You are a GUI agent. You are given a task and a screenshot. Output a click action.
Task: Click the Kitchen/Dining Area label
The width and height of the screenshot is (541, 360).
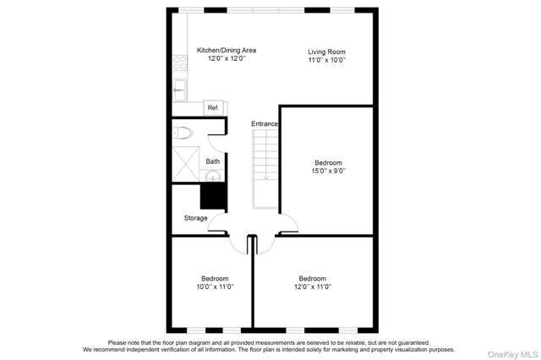(226, 50)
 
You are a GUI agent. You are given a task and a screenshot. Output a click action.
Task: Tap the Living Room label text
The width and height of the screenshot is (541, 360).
(326, 52)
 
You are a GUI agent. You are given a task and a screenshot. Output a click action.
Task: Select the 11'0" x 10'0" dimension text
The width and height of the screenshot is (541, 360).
(326, 61)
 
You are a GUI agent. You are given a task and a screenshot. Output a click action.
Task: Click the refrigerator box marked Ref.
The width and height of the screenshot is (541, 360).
(213, 107)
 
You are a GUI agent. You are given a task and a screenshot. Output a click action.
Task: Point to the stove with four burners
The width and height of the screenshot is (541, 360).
(179, 62)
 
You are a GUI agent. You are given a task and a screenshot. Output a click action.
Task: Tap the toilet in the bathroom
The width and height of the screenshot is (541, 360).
(183, 133)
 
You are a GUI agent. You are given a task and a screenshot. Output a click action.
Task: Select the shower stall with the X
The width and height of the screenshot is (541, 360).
(185, 162)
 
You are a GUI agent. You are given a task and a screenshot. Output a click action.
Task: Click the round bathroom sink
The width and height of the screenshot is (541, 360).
(213, 176)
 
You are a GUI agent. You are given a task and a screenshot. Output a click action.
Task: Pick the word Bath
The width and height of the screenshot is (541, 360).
(213, 161)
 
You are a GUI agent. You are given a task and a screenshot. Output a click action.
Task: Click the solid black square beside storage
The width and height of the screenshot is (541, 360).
(213, 196)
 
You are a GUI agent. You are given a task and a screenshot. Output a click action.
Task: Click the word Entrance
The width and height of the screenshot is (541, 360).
(265, 124)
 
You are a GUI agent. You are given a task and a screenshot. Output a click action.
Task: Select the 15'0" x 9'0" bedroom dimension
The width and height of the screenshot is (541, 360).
(328, 171)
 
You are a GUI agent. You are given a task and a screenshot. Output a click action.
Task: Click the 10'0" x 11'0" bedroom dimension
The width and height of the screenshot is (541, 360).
(215, 286)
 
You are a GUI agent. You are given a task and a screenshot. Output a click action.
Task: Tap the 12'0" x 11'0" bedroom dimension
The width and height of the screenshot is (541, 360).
(312, 286)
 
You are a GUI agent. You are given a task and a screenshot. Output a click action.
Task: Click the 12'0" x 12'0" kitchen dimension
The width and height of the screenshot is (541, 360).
(226, 58)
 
